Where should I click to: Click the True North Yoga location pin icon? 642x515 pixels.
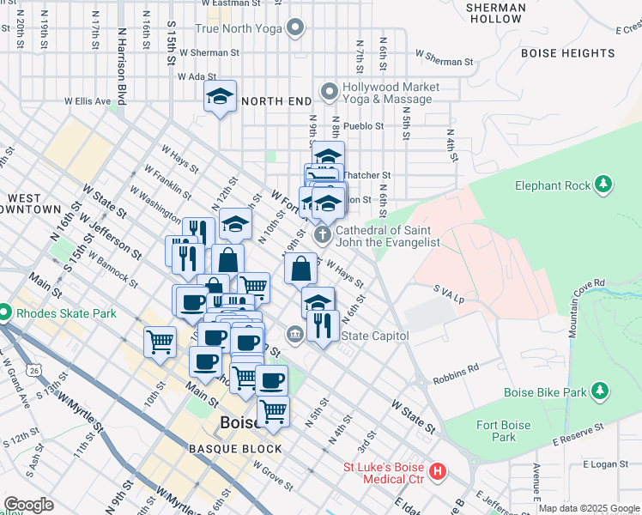point(296,28)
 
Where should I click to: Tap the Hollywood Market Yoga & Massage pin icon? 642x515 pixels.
point(329,92)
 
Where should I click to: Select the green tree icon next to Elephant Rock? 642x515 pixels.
point(603,185)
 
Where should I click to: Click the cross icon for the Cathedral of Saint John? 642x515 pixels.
point(323,235)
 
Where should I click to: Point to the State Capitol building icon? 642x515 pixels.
point(295,334)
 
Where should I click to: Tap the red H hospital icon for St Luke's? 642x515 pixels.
point(438,471)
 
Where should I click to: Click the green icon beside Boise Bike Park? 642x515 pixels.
point(600,392)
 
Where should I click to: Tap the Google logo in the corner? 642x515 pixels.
point(28,505)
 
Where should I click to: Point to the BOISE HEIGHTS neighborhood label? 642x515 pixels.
point(567,53)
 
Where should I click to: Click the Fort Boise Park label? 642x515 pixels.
point(497,431)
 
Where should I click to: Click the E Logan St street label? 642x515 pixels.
point(606,463)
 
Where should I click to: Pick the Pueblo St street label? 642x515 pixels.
point(363,125)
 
